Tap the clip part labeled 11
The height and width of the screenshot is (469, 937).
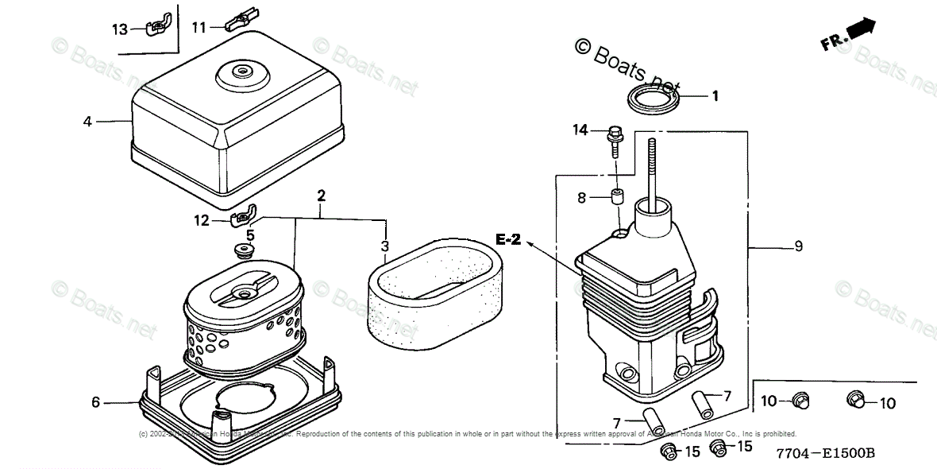[x=240, y=18]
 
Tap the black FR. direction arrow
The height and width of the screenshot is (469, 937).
[x=860, y=29]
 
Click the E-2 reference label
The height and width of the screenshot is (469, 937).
[x=508, y=239]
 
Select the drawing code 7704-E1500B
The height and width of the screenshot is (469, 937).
[x=827, y=453]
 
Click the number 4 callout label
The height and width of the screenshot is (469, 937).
[x=87, y=122]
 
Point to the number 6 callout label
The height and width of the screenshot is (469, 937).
[x=95, y=402]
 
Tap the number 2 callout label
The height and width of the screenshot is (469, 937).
[x=321, y=195]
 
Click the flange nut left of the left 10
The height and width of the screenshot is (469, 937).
[x=800, y=400]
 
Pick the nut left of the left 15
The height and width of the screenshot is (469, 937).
[x=667, y=452]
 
